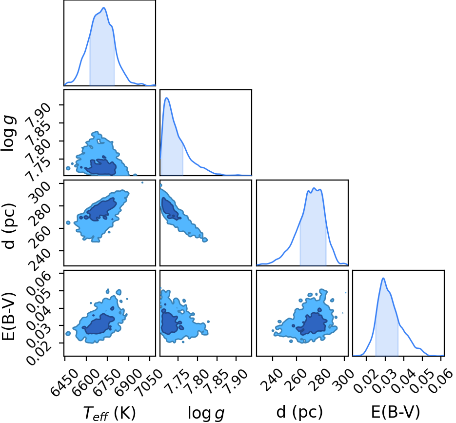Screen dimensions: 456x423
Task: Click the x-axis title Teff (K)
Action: tap(110, 413)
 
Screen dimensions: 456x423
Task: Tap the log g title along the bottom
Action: tap(206, 413)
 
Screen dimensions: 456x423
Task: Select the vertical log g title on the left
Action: tap(8, 133)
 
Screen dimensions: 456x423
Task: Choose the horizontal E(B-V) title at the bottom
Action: tap(396, 412)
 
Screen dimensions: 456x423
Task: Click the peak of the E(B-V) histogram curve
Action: tap(383, 278)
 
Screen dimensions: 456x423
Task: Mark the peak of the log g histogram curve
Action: tap(167, 98)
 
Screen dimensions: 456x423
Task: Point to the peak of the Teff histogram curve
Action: tap(103, 8)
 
